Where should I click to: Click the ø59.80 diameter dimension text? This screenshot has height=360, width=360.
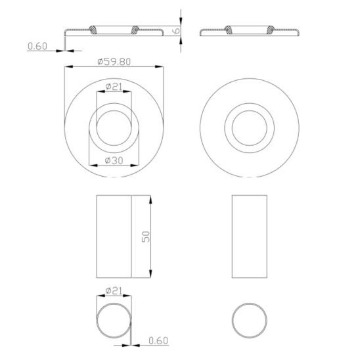point(114,62)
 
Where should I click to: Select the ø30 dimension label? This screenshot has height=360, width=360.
point(114,160)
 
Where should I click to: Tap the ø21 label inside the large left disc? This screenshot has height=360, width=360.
point(114,87)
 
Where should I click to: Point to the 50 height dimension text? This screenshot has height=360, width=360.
point(146,236)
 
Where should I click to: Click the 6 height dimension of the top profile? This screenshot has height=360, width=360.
point(176,30)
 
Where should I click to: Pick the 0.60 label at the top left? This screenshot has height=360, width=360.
point(37,46)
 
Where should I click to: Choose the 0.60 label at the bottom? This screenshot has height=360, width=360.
point(158,340)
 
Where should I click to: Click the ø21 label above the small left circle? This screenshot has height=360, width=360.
point(114,291)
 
